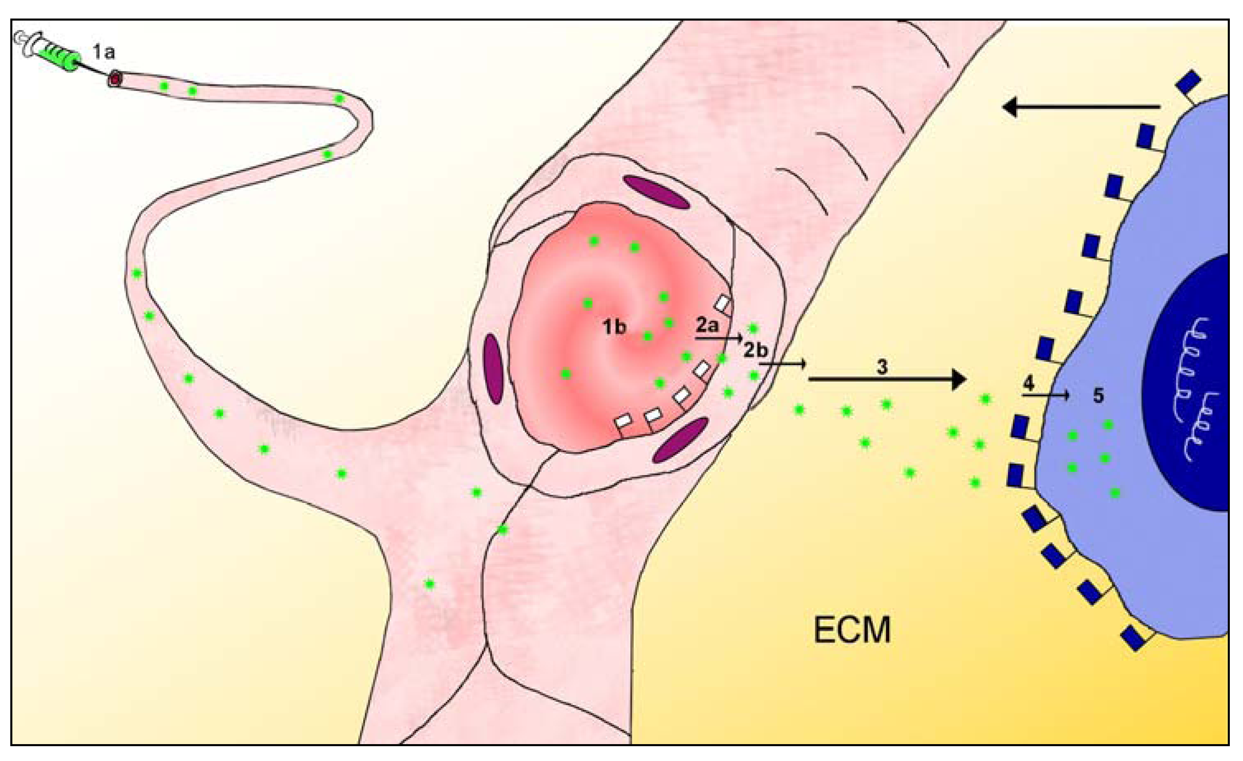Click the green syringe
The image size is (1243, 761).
56,53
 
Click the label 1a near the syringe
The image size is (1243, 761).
103,51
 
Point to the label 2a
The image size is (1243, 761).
707,325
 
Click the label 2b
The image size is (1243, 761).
755,350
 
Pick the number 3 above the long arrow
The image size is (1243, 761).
882,367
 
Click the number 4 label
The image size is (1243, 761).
1028,384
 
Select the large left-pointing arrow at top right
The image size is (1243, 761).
1080,107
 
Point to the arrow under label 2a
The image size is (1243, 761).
718,338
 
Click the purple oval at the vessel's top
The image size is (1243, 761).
656,192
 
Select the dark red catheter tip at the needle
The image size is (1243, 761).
116,79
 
